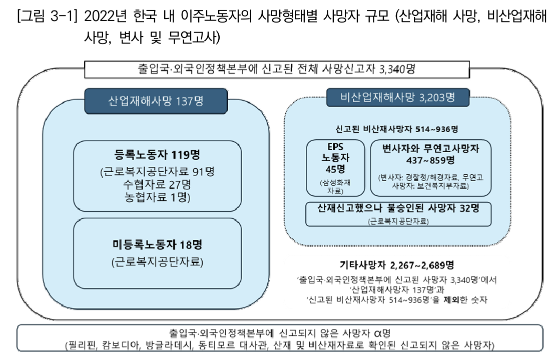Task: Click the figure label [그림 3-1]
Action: (x=47, y=16)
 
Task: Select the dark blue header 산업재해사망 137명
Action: (x=156, y=101)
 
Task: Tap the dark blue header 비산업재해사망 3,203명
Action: (x=398, y=97)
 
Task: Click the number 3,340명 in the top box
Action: (x=397, y=69)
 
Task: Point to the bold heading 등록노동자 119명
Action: (x=157, y=154)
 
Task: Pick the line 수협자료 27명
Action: (x=157, y=184)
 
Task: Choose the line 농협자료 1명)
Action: (x=157, y=197)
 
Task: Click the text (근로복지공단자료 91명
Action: (x=157, y=172)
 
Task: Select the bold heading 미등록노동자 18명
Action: (x=157, y=244)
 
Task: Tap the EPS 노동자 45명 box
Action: (x=335, y=168)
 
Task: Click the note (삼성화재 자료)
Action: (x=335, y=187)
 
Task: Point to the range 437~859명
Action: (x=430, y=160)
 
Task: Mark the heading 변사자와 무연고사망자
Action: (x=430, y=149)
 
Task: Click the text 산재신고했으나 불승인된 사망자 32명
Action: (x=398, y=208)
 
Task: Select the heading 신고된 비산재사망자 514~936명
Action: (x=397, y=129)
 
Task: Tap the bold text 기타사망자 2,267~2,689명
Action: (x=397, y=265)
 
